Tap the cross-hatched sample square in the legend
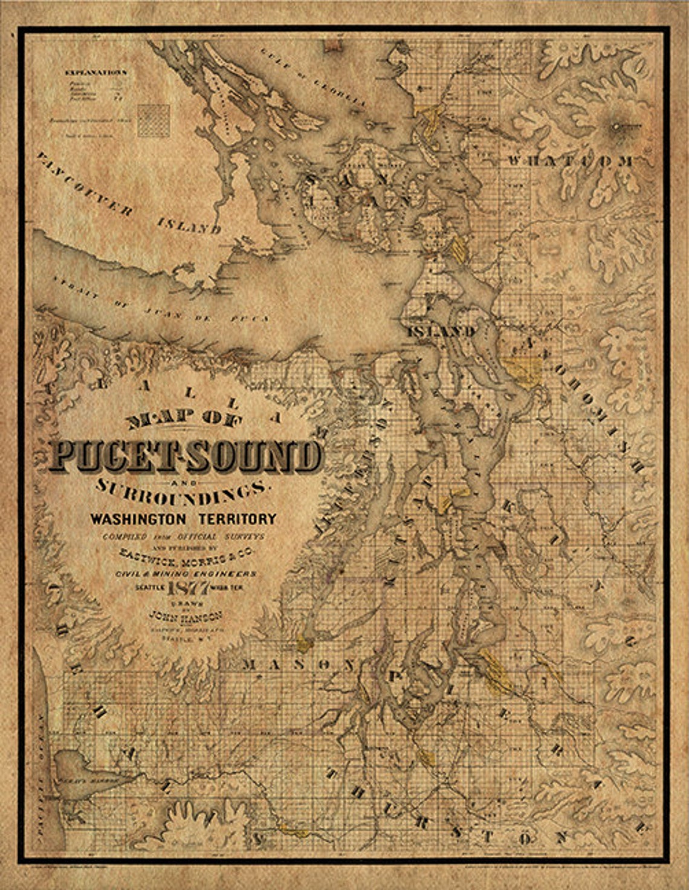pos(154,120)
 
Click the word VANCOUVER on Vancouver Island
pos(83,184)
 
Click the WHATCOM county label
pos(571,161)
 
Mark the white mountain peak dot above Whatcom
pos(616,126)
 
